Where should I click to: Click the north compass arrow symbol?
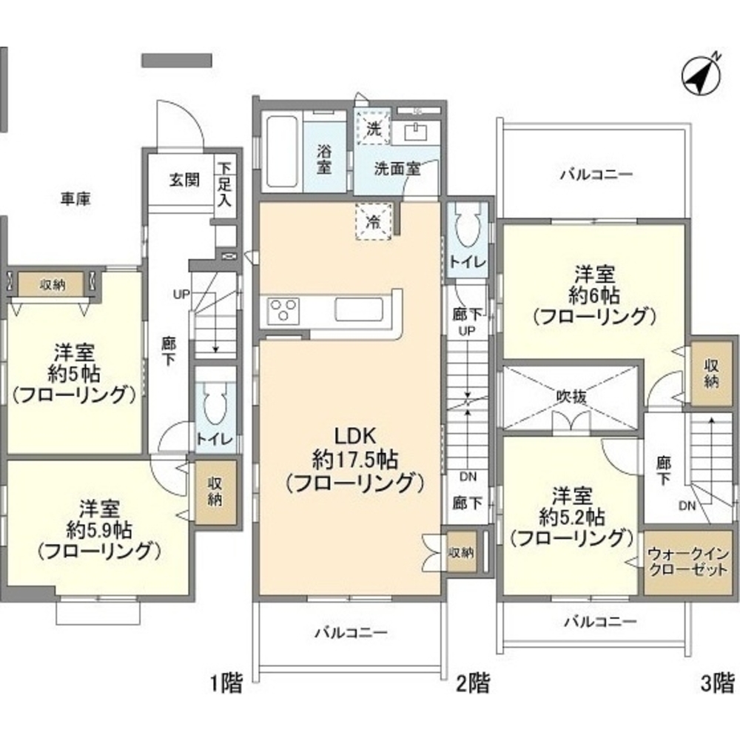pos(702,74)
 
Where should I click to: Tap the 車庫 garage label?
pos(75,198)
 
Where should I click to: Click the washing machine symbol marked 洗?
pos(374,128)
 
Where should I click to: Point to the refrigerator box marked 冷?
pos(374,220)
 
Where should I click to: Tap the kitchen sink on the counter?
pos(357,309)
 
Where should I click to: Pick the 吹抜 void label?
pos(571,396)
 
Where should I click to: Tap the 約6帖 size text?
pos(593,296)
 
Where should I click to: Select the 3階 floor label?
pos(718,682)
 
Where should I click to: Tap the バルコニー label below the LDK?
pos(350,634)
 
